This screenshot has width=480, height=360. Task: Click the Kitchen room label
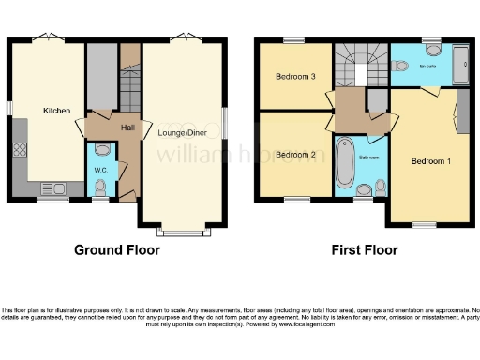pyautogui.click(x=56, y=111)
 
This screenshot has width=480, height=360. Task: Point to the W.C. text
pyautogui.click(x=101, y=170)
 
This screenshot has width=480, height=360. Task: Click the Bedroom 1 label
pyautogui.click(x=431, y=161)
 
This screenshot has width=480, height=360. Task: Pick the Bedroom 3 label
pyautogui.click(x=293, y=77)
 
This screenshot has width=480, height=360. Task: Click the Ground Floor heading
pyautogui.click(x=117, y=250)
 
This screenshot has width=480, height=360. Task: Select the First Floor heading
pyautogui.click(x=364, y=250)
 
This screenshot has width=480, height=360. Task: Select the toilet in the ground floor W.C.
pyautogui.click(x=102, y=149)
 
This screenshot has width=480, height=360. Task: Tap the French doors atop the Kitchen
pyautogui.click(x=44, y=37)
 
